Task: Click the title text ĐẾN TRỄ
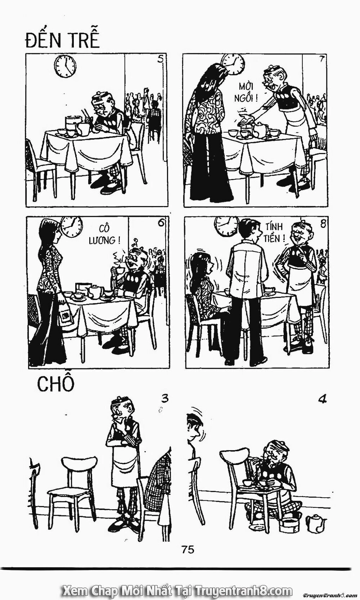[62, 40]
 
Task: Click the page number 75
[188, 549]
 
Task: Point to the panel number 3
[165, 399]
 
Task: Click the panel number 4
[323, 399]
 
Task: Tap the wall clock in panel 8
[225, 225]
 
